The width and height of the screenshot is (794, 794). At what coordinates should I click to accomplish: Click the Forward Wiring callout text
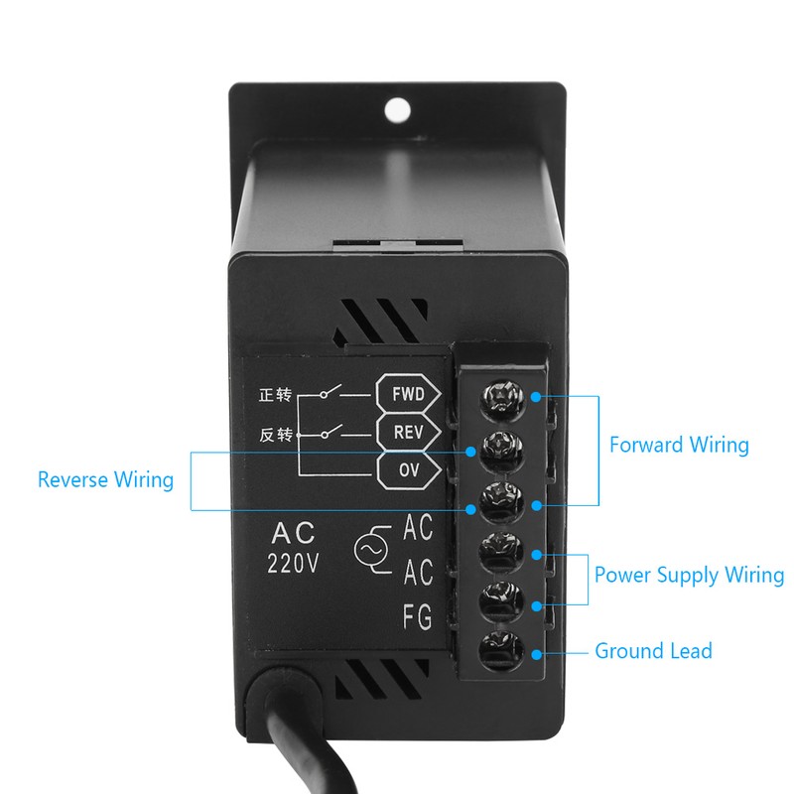pos(679,445)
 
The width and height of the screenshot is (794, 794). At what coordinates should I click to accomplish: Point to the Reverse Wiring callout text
pos(105,480)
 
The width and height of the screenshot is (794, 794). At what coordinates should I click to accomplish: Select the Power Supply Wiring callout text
pos(689,575)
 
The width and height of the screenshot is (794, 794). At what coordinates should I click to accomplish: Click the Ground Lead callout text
pos(653,651)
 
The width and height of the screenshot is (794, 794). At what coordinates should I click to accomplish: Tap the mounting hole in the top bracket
pos(399,106)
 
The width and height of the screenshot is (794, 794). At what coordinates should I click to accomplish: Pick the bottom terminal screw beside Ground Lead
pos(502,652)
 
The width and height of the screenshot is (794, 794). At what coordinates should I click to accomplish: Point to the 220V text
pos(293,564)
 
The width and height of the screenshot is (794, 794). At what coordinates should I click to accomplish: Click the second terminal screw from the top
pos(502,448)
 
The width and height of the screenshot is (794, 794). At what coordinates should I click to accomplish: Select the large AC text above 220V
pos(293,531)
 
